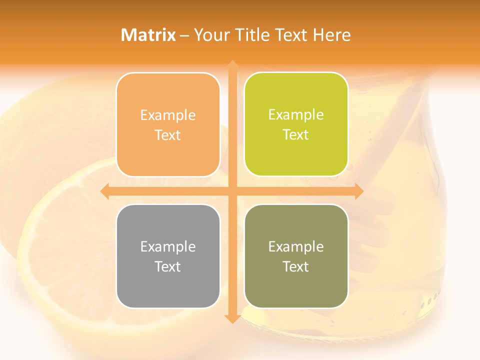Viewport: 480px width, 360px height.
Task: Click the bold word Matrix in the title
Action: [148, 35]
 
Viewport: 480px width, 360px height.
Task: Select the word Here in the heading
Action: [331, 35]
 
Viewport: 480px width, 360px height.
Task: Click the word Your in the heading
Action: [210, 35]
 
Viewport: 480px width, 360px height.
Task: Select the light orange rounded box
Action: [168, 124]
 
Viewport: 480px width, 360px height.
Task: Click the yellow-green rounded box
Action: [296, 124]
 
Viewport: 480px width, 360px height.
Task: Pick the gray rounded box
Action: [168, 256]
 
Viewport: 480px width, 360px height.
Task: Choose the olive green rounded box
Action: [296, 256]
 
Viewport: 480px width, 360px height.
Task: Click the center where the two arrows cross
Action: [232, 190]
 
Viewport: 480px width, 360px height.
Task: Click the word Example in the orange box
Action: [168, 115]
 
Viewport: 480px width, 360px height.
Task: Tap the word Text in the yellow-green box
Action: [296, 135]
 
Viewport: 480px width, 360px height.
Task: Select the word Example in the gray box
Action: [168, 246]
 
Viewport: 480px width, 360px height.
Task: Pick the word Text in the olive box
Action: [296, 266]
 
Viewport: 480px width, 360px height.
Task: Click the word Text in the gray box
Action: [168, 266]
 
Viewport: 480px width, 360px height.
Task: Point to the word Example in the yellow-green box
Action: [296, 115]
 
